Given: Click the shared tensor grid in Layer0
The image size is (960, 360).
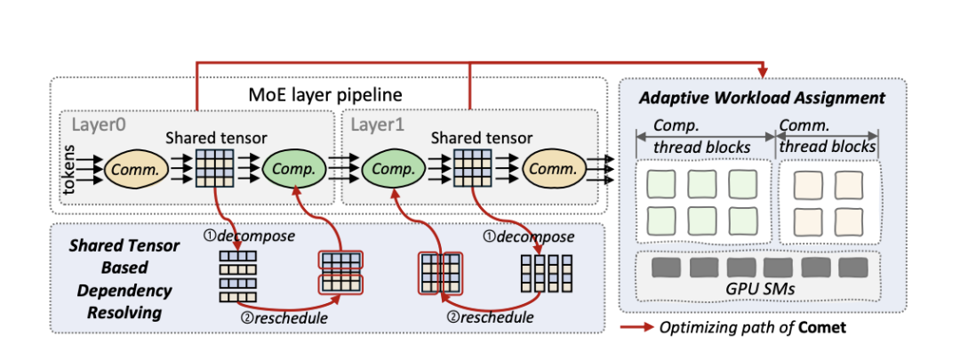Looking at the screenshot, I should click(x=212, y=167).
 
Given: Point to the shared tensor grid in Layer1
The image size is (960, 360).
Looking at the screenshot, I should click(x=469, y=167).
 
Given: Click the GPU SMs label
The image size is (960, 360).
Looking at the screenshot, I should click(x=762, y=290).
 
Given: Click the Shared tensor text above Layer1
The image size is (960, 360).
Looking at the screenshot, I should click(x=481, y=138).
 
